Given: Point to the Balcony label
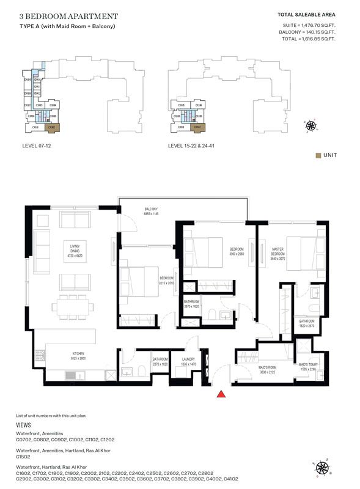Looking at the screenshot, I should pyautogui.click(x=152, y=211).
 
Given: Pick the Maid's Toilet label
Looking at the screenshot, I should pyautogui.click(x=307, y=367).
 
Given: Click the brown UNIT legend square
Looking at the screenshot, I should pyautogui.click(x=318, y=155).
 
